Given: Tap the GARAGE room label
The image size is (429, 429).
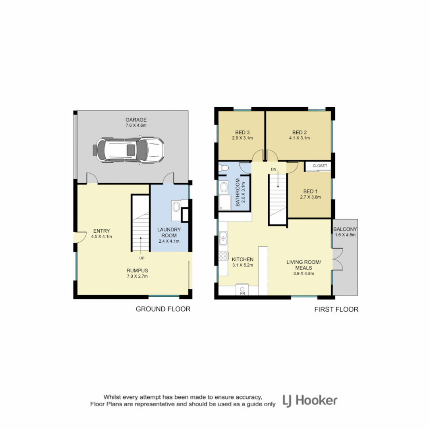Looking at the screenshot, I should pyautogui.click(x=136, y=120).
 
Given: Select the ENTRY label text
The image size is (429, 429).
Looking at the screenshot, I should pyautogui.click(x=102, y=231).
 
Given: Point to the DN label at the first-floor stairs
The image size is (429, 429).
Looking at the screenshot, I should pyautogui.click(x=273, y=169).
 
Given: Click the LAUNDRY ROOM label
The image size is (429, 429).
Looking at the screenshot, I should pyautogui.click(x=169, y=232).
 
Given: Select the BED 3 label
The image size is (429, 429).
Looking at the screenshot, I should pyautogui.click(x=242, y=132).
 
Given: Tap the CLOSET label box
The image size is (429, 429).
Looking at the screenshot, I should pyautogui.click(x=319, y=166).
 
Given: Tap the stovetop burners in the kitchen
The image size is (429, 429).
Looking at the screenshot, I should pyautogui.click(x=224, y=255).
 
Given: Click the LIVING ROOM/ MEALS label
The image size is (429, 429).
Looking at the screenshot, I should pyautogui.click(x=304, y=265).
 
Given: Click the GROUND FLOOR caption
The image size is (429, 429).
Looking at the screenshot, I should pyautogui.click(x=163, y=309).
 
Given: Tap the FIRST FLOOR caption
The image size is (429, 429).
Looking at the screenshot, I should pyautogui.click(x=336, y=309).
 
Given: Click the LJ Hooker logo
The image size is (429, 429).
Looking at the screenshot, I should pyautogui.click(x=310, y=400).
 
